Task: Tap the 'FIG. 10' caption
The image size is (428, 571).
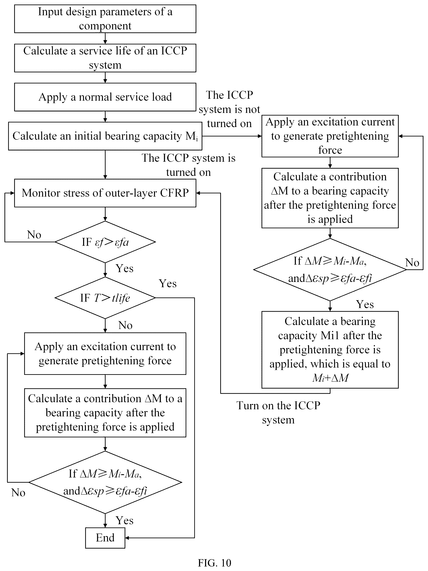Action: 214,563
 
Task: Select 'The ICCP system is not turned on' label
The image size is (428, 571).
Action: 229,109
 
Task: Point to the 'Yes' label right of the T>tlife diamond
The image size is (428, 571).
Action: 167,283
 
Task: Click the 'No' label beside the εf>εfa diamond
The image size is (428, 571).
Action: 34,235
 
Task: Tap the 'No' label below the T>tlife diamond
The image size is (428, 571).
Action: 125,325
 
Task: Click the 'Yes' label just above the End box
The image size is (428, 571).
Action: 124,520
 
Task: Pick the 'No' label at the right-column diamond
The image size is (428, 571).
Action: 412,263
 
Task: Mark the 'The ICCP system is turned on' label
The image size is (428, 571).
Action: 188,165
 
